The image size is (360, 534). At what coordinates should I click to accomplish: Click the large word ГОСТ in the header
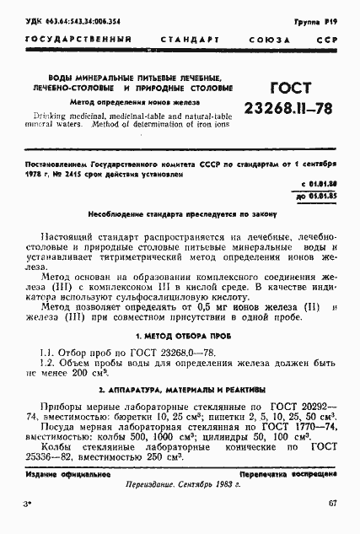tap(289, 89)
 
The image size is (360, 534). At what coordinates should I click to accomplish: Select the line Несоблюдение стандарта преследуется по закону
tap(180, 214)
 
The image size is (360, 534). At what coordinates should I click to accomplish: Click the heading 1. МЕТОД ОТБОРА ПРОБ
tap(180, 336)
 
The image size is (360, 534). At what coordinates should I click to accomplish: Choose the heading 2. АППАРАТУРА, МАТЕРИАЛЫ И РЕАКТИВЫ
tap(180, 391)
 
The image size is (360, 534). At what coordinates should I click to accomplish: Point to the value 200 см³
tap(89, 372)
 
